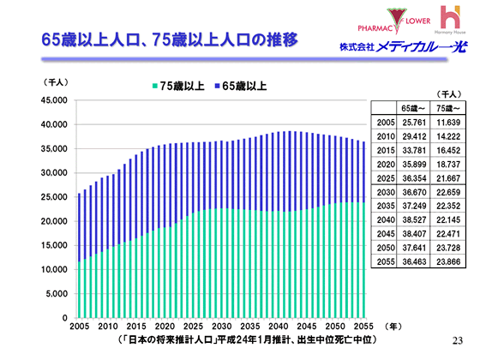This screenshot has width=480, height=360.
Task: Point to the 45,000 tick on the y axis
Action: point(53,100)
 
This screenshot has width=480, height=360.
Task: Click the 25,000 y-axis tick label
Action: point(53,197)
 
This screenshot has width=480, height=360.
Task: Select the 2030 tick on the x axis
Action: point(220,327)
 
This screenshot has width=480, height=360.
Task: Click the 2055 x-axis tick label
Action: point(362,327)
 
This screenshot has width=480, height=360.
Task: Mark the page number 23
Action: point(455,340)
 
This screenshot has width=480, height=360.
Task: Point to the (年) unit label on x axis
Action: point(390,327)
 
